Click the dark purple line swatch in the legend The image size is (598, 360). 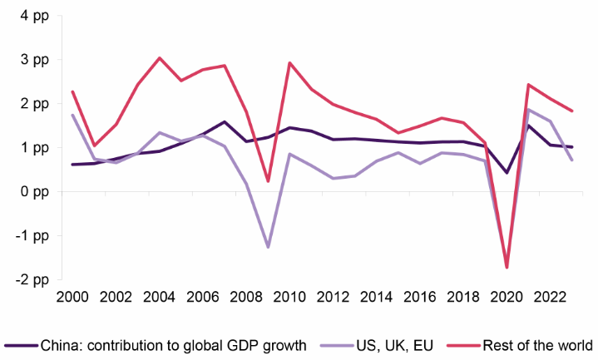click(x=20, y=344)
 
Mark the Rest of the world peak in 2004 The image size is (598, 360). click(x=160, y=58)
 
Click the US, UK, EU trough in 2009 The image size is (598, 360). click(x=269, y=247)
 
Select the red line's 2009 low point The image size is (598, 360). click(x=269, y=180)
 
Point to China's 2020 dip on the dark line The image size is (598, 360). click(x=507, y=172)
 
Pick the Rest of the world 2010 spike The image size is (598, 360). click(x=289, y=63)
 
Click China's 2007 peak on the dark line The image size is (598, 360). click(x=225, y=121)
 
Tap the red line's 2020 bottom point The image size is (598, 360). click(x=507, y=267)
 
